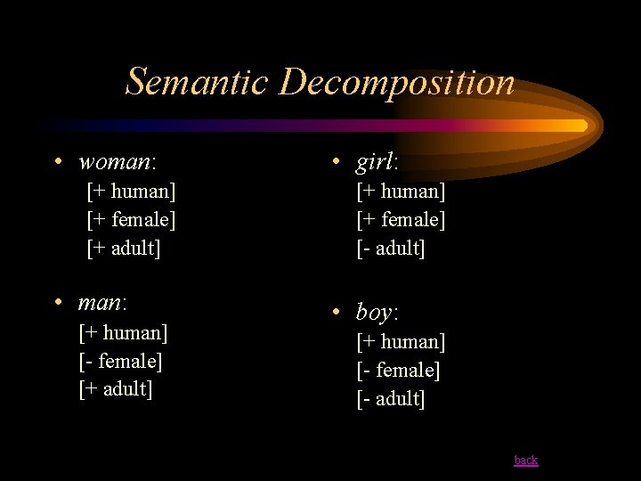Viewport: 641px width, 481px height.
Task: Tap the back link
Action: coord(526,461)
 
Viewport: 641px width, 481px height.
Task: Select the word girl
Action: coord(375,163)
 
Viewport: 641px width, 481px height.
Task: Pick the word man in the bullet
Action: coord(101,303)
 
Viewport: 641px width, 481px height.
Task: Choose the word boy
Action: coord(375,313)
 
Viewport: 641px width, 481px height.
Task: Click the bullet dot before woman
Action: coord(58,162)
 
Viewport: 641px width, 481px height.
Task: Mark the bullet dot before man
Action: coord(58,303)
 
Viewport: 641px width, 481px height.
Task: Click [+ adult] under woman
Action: coord(124,248)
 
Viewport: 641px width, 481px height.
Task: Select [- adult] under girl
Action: coord(391,248)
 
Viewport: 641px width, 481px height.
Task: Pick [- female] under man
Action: coord(120,361)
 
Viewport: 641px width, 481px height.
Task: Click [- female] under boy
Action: coord(398,370)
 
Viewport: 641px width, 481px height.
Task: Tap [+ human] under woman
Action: coord(131,191)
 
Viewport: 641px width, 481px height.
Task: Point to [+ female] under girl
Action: coord(401,219)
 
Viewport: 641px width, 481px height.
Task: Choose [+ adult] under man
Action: coord(116,389)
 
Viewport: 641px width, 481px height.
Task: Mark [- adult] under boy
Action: coord(391,398)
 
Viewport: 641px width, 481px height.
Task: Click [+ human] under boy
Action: coord(401,341)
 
